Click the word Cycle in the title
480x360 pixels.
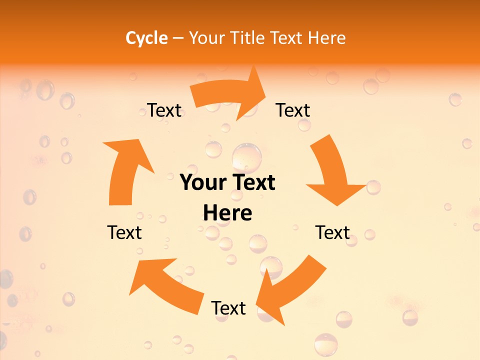pos(146,38)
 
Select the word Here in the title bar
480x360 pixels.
pos(326,38)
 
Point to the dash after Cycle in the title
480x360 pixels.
pos(178,38)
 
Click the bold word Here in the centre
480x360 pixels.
pos(227,213)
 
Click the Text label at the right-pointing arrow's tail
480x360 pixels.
pos(164,110)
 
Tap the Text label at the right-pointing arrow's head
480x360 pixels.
pos(293,110)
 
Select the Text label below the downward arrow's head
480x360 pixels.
pos(332,232)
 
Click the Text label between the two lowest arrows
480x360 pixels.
pos(228,308)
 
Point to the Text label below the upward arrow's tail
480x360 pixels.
pos(124,232)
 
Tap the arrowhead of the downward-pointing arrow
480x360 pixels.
pos(336,193)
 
